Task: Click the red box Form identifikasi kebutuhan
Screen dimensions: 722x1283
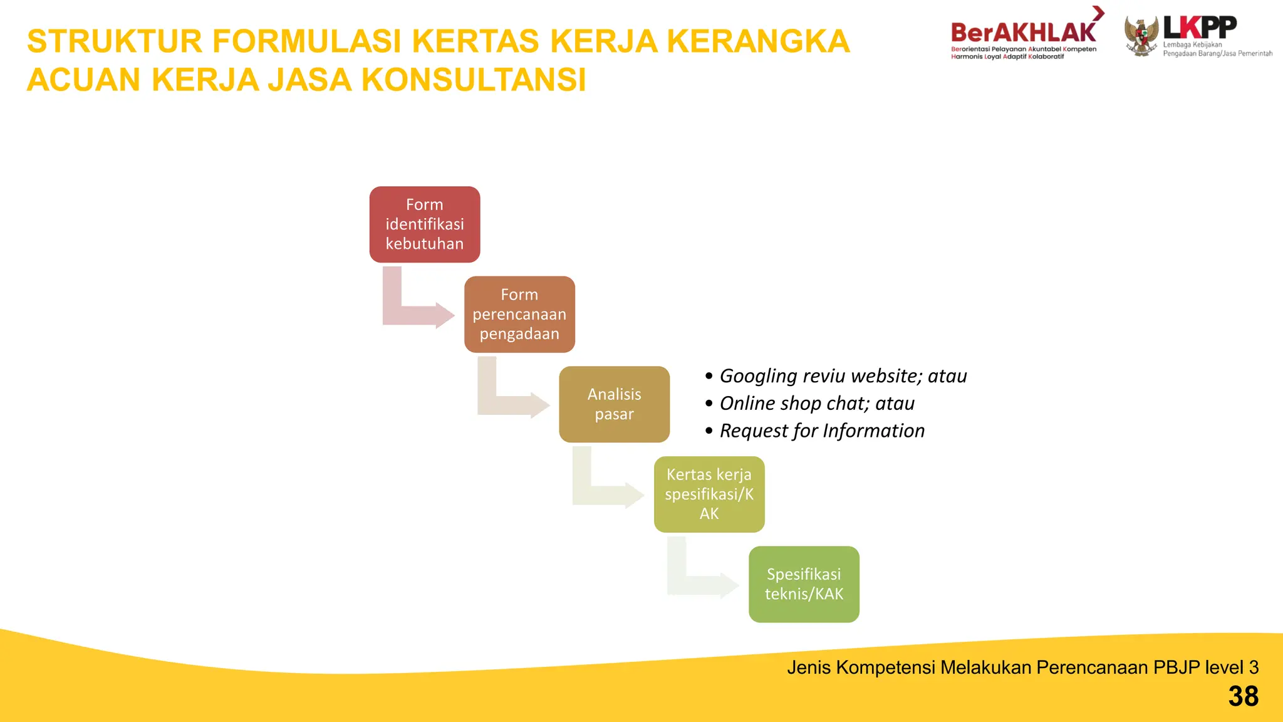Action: [425, 224]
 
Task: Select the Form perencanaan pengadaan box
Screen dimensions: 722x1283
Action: [519, 314]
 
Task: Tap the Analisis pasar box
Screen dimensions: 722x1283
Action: [614, 404]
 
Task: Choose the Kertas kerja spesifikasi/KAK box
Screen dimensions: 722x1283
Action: [709, 494]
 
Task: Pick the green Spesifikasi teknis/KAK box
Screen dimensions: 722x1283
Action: [804, 584]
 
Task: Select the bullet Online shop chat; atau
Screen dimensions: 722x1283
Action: [816, 404]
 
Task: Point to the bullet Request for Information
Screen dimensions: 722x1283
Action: [821, 431]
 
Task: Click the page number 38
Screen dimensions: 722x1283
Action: [1243, 696]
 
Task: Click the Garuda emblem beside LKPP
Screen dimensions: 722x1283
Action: [1141, 36]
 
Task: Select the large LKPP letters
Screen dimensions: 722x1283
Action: [1200, 28]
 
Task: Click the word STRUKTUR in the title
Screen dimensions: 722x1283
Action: [115, 41]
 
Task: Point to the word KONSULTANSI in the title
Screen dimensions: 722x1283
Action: [474, 80]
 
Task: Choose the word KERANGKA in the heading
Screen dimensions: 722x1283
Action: [758, 41]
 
